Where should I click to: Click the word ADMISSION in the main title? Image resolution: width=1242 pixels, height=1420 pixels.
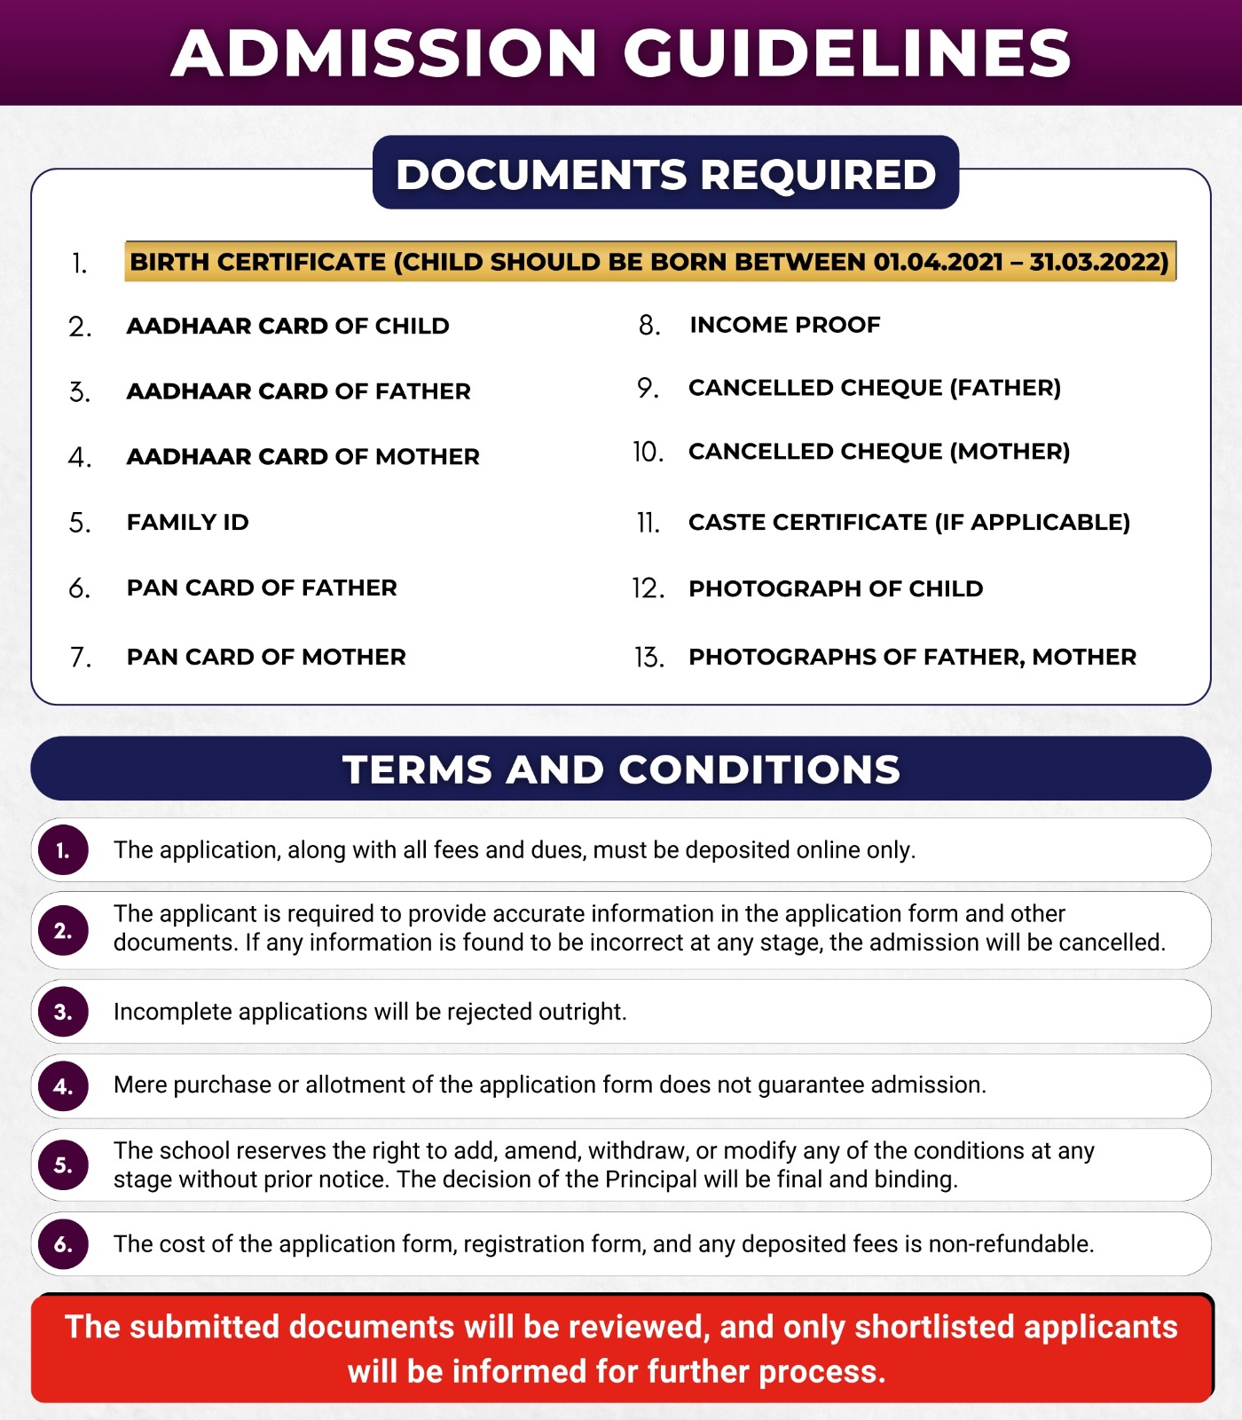[x=384, y=53]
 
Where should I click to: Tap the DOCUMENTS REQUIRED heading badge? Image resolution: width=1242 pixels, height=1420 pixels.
[x=665, y=174]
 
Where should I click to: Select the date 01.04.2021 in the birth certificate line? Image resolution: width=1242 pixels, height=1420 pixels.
[x=938, y=262]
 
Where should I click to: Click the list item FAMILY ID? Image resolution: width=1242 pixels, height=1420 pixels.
[x=187, y=522]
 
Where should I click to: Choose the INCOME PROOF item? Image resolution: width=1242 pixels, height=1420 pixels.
[x=784, y=325]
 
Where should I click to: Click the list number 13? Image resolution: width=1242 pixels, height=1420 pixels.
[x=649, y=658]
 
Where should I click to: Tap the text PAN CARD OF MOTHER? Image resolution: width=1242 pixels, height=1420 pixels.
[x=266, y=657]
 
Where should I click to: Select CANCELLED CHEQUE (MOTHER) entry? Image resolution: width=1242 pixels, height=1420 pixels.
[x=878, y=452]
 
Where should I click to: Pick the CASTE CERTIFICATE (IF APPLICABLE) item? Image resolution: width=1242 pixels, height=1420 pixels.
[x=908, y=522]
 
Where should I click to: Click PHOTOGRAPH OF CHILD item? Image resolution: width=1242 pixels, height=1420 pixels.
[x=835, y=588]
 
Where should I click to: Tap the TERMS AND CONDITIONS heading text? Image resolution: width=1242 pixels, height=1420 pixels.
[x=621, y=769]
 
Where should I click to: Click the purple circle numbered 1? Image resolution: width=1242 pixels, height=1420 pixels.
[x=63, y=850]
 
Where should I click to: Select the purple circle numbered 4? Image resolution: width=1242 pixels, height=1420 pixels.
[x=63, y=1086]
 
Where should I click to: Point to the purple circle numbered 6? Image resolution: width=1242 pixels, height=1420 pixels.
[x=63, y=1244]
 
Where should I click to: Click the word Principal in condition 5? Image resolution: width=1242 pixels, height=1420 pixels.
[x=650, y=1179]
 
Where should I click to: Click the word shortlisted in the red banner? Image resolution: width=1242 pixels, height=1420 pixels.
[x=933, y=1327]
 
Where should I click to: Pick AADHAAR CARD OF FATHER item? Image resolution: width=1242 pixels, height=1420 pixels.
[x=298, y=391]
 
